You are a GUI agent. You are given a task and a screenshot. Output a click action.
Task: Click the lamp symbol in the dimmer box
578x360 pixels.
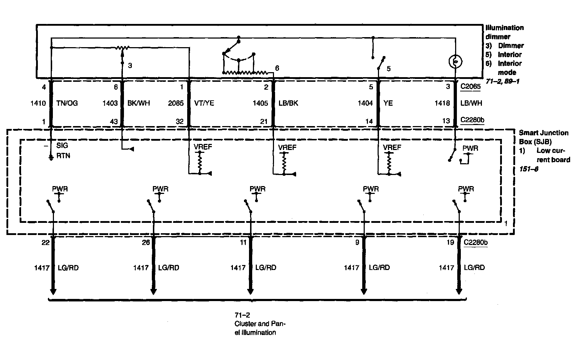(455, 62)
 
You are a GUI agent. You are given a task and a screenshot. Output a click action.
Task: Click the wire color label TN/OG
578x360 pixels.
(67, 103)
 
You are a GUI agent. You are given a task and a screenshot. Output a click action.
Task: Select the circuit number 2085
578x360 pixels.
(176, 103)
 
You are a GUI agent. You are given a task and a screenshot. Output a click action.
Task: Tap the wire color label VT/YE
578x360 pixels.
(204, 103)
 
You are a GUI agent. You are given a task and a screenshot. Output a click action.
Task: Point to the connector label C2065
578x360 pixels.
(470, 86)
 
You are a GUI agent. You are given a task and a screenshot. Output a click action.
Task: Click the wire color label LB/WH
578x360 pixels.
(471, 103)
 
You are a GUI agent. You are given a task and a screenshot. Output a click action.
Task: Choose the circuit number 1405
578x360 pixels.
(260, 103)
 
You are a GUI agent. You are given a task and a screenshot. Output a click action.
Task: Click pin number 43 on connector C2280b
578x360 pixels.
(114, 121)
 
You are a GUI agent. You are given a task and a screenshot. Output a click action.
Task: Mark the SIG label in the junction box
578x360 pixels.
(62, 146)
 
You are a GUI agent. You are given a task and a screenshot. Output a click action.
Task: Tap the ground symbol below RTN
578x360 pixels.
(51, 157)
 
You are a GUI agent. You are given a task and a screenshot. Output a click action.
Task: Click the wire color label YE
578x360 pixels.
(388, 103)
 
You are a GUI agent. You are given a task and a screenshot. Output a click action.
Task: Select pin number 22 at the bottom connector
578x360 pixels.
(45, 242)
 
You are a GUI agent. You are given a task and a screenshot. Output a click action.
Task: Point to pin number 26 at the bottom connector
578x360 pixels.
(146, 242)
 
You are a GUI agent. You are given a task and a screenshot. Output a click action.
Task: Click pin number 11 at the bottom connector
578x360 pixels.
(243, 242)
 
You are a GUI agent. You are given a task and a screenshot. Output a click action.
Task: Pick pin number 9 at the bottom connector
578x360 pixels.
(357, 242)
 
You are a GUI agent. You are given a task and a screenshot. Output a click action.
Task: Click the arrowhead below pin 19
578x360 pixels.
(459, 291)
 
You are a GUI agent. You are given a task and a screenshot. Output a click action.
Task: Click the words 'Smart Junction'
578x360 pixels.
(543, 133)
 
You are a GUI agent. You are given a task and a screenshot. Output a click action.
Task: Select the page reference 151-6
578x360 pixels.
(529, 169)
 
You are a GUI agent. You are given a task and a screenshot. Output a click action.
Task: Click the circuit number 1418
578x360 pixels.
(442, 103)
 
